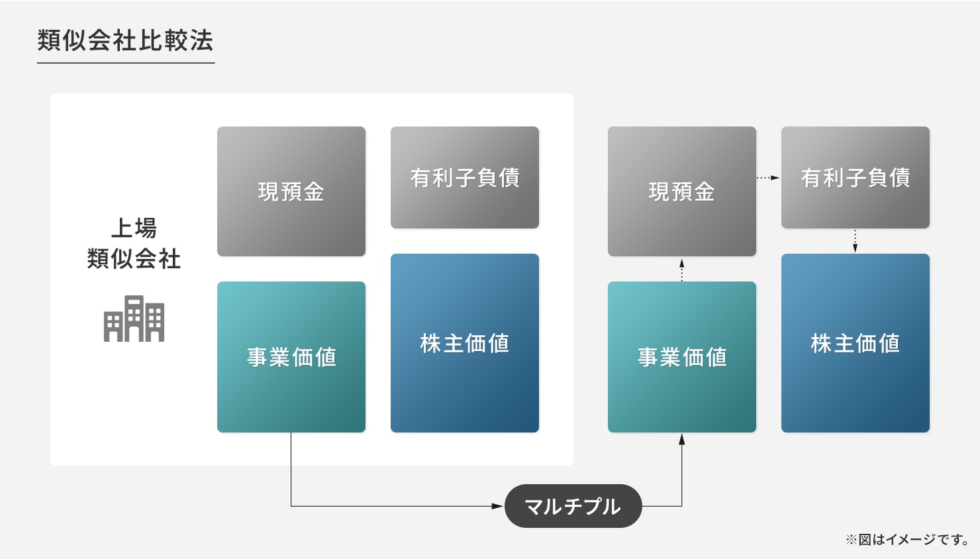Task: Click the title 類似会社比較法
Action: click(x=126, y=40)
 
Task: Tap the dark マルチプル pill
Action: click(x=573, y=506)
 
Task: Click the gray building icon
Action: click(x=134, y=318)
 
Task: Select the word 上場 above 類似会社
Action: click(x=134, y=228)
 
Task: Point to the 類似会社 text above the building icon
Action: click(x=134, y=258)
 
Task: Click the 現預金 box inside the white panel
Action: click(x=291, y=191)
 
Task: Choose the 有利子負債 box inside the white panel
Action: click(x=465, y=178)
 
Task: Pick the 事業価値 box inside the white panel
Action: click(x=291, y=357)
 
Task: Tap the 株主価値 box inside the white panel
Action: click(x=465, y=343)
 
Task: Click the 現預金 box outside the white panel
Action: click(x=681, y=191)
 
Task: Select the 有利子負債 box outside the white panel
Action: click(x=856, y=178)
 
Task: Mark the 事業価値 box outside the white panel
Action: click(x=681, y=357)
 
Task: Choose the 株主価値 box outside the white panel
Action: click(x=856, y=343)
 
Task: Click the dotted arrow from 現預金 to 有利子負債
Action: click(x=768, y=178)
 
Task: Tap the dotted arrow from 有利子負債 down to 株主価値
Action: click(x=856, y=241)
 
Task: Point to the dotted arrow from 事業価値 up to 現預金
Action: click(x=681, y=269)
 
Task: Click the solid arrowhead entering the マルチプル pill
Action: click(x=498, y=506)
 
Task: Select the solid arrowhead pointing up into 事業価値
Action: click(x=681, y=440)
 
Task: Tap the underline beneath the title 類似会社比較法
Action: click(x=126, y=63)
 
